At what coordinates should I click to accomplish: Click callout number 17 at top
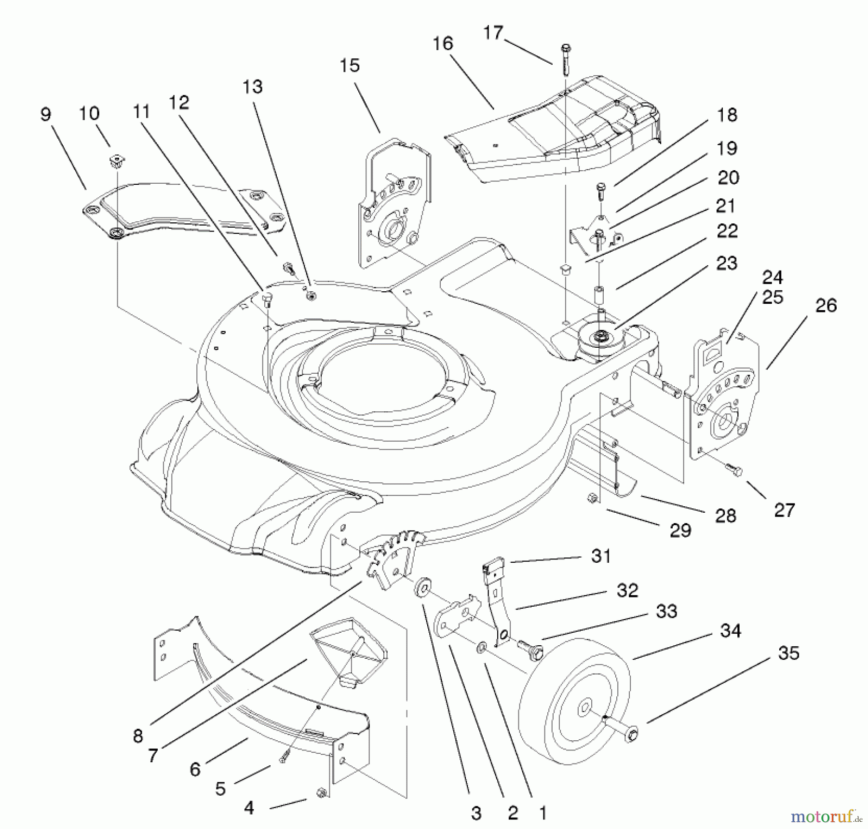[493, 33]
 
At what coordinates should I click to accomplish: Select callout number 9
[45, 114]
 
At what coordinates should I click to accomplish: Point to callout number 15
[350, 65]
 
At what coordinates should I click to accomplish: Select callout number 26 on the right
[826, 305]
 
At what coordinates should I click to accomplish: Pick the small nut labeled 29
[592, 498]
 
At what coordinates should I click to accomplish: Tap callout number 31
[601, 556]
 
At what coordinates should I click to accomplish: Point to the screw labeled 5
[284, 756]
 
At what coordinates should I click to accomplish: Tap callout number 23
[727, 263]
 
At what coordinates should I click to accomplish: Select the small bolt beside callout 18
[601, 190]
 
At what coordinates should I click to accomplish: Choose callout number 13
[253, 87]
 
